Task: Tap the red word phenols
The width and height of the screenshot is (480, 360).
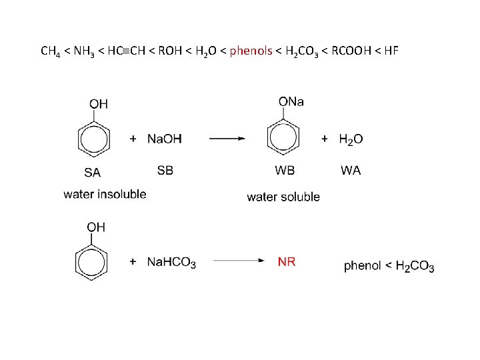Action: (x=251, y=51)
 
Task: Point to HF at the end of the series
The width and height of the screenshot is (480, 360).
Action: (x=391, y=51)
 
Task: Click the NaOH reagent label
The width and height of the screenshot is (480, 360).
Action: (x=164, y=139)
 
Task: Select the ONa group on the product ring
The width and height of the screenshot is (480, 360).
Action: (x=291, y=101)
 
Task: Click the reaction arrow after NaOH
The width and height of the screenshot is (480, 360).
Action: (x=227, y=139)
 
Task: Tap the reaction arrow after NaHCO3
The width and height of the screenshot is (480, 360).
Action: (x=235, y=262)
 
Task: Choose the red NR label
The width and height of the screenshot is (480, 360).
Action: (x=287, y=262)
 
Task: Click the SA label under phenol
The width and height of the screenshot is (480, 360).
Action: (x=93, y=172)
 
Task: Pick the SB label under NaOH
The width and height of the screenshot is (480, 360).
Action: (x=165, y=170)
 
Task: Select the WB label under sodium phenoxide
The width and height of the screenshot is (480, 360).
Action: (x=285, y=170)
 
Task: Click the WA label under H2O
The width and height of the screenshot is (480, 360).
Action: (x=351, y=170)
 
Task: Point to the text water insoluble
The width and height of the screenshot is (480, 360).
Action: (x=105, y=194)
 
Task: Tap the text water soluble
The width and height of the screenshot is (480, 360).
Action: (x=283, y=197)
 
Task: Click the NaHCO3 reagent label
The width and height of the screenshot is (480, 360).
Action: (x=171, y=263)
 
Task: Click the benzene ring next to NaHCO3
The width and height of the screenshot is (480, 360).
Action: (x=91, y=262)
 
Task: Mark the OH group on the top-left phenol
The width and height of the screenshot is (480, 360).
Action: (x=99, y=103)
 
